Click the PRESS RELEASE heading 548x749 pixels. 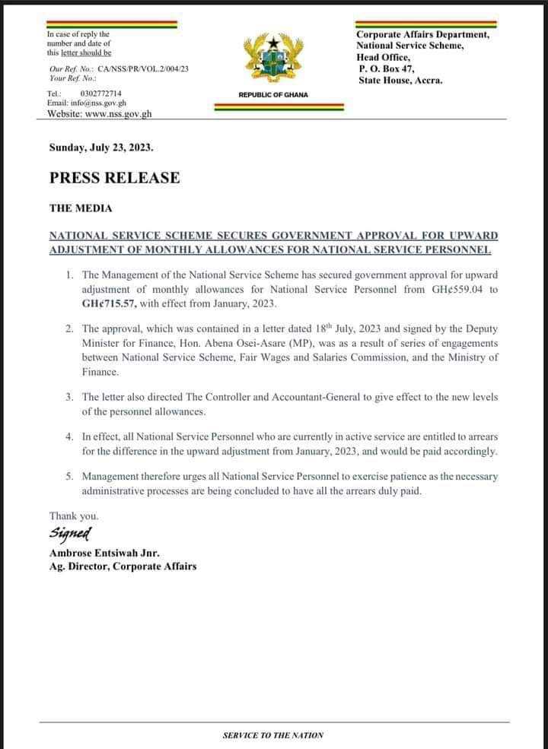(x=115, y=178)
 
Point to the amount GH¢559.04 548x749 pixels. (x=451, y=289)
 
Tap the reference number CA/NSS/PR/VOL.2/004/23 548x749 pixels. (x=143, y=68)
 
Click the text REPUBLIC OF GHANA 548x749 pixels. (x=272, y=95)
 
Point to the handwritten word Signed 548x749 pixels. (x=71, y=532)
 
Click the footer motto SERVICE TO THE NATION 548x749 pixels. (x=273, y=735)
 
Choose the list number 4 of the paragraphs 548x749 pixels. (x=68, y=436)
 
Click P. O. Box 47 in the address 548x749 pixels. (x=387, y=68)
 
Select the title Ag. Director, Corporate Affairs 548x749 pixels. (x=123, y=566)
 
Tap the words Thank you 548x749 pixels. (x=74, y=516)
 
